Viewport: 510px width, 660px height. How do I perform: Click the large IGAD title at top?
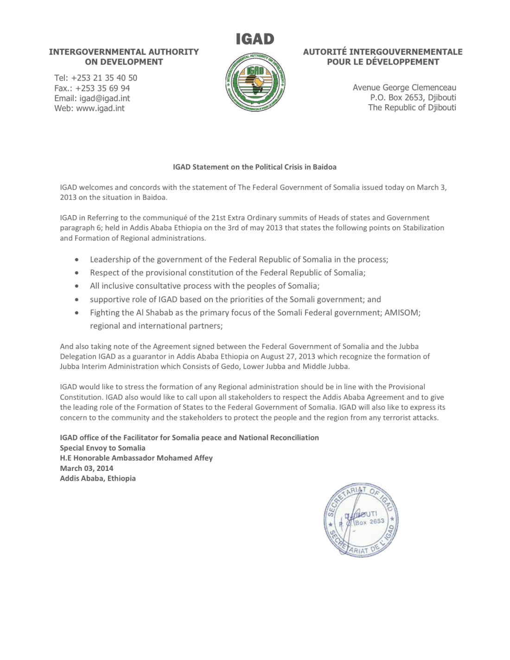click(255, 39)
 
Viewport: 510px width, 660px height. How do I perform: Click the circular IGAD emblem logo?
click(255, 82)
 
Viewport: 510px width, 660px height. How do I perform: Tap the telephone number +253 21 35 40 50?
click(104, 78)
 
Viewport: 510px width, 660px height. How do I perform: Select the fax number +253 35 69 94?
click(102, 88)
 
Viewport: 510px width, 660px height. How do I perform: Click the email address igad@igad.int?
click(105, 98)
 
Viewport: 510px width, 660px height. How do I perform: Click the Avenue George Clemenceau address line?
click(404, 88)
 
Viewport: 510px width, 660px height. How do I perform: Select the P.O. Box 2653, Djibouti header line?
click(413, 98)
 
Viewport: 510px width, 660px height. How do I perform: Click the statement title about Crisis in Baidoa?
click(255, 167)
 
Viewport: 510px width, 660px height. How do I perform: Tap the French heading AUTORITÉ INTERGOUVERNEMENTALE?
click(382, 52)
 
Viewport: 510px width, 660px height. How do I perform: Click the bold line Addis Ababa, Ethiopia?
click(98, 478)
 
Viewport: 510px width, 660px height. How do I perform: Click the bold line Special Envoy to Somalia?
click(102, 448)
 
